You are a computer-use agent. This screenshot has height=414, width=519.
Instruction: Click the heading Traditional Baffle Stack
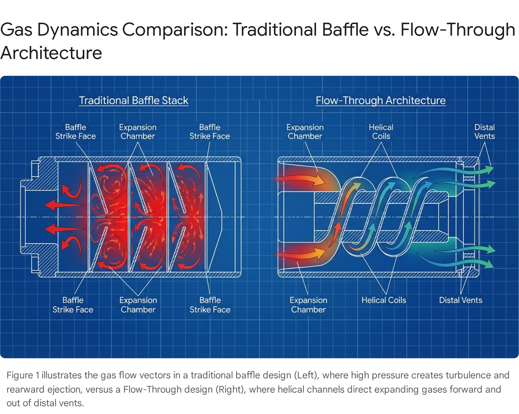click(x=134, y=100)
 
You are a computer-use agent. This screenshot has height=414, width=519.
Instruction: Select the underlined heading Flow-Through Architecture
click(x=380, y=100)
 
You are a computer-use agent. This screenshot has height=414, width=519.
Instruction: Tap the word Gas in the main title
click(x=16, y=30)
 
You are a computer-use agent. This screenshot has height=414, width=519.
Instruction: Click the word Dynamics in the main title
click(x=78, y=30)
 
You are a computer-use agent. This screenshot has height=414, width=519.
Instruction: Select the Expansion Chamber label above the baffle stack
click(x=138, y=132)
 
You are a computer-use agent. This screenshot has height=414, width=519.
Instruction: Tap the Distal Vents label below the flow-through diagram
click(x=460, y=300)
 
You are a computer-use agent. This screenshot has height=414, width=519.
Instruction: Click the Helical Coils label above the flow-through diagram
click(x=381, y=132)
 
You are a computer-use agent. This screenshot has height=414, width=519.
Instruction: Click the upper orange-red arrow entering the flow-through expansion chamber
click(x=302, y=179)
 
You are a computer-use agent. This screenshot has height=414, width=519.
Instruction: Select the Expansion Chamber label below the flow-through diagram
click(x=308, y=305)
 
